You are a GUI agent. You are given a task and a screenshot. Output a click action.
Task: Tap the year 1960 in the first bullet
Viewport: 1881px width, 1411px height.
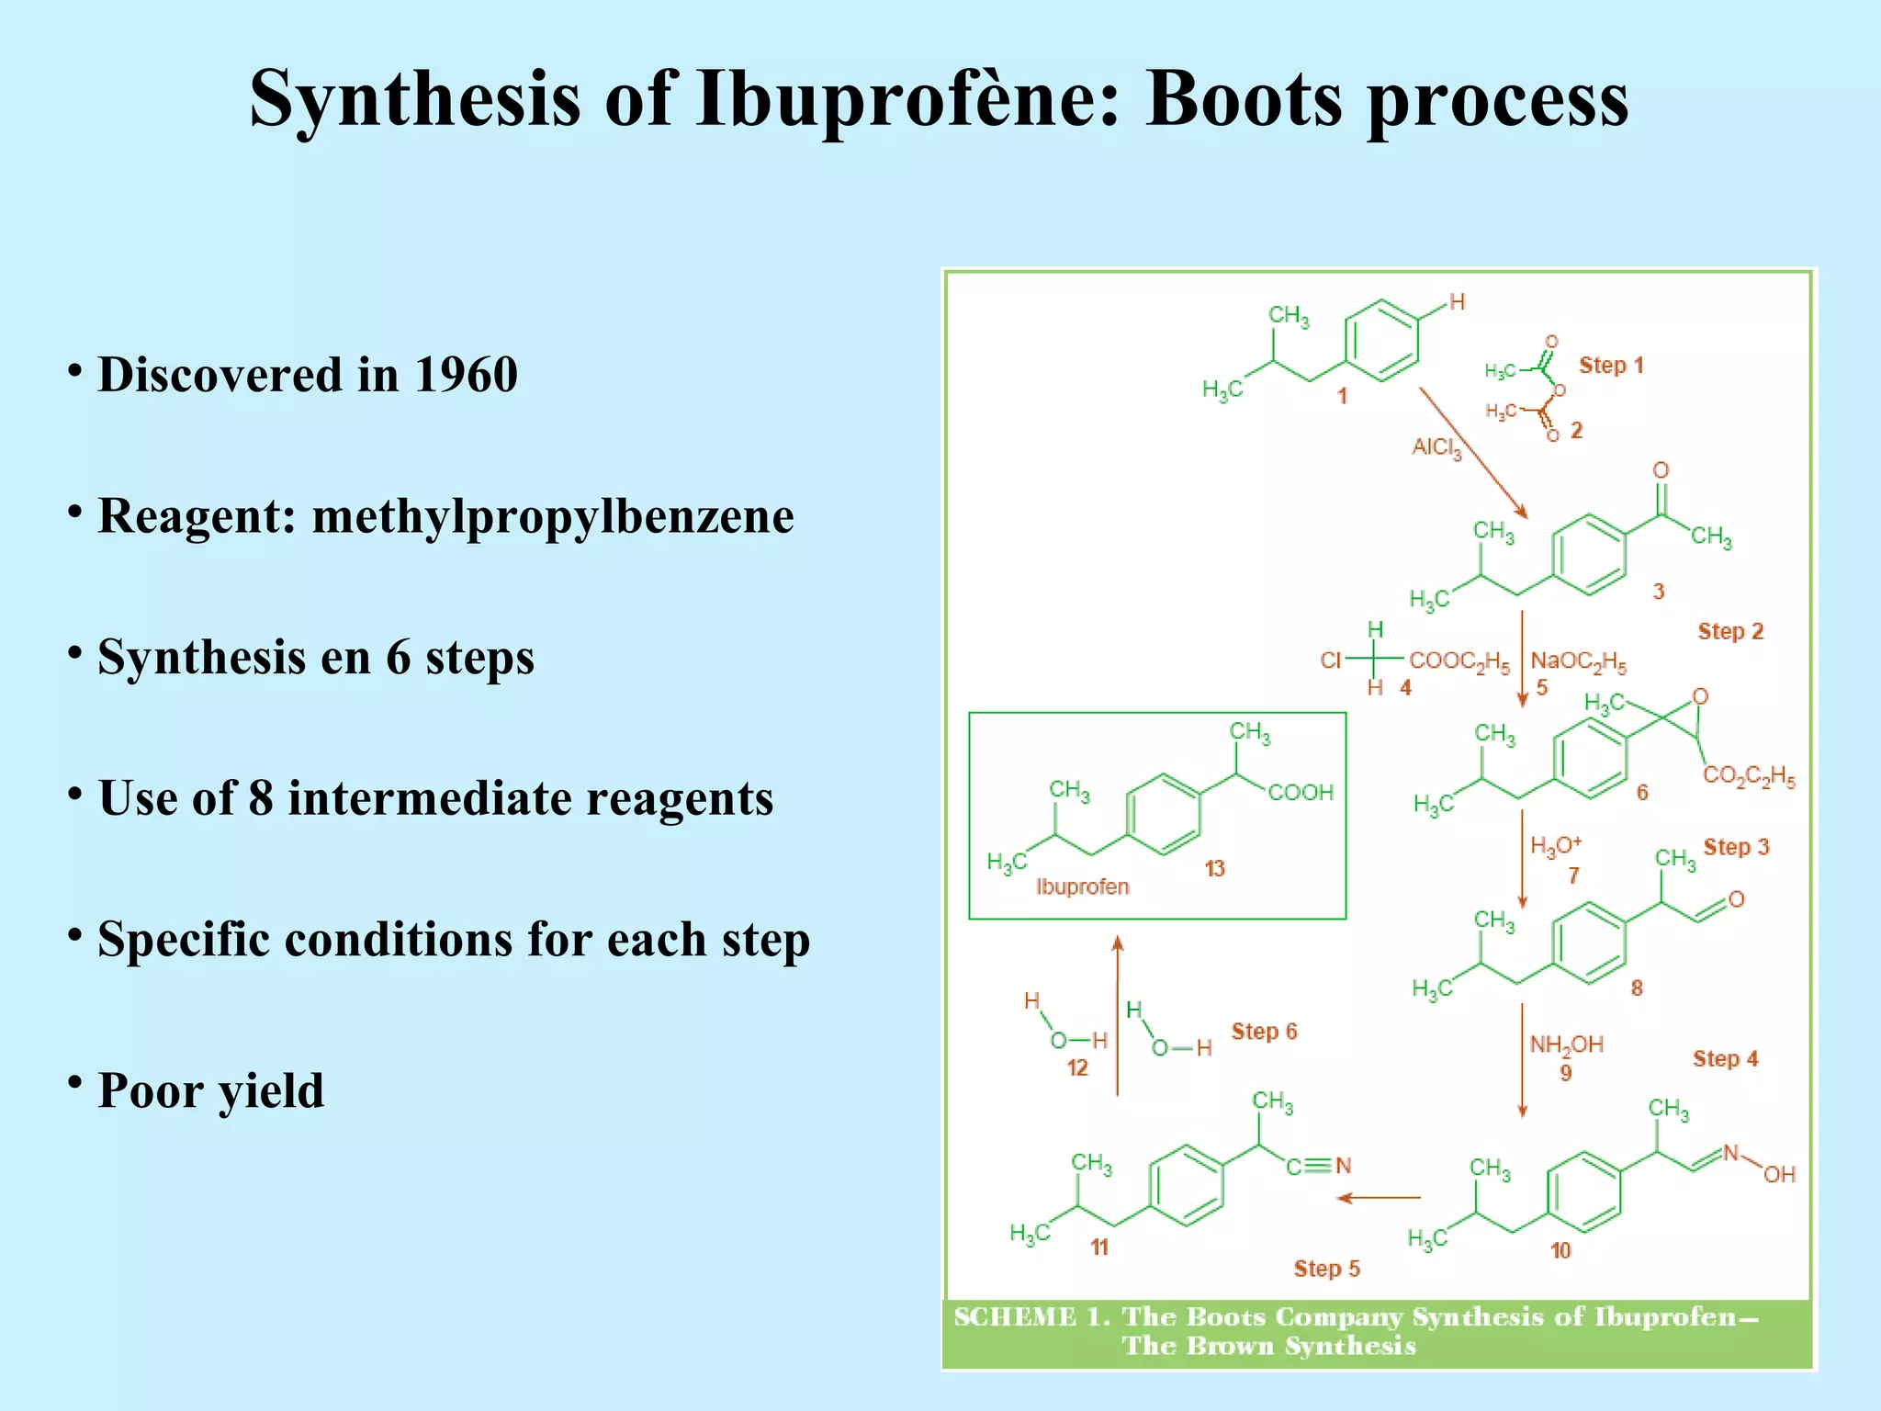point(466,375)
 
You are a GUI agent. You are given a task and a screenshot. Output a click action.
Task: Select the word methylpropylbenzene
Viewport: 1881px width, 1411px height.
point(553,516)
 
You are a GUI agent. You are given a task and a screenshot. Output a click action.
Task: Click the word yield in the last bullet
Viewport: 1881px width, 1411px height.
point(270,1091)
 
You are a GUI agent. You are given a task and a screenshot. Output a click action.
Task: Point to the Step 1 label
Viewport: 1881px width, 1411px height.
point(1611,366)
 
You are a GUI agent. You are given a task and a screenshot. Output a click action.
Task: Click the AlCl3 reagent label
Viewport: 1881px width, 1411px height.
point(1436,448)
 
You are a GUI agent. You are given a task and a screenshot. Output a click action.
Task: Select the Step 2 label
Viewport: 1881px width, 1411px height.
point(1730,632)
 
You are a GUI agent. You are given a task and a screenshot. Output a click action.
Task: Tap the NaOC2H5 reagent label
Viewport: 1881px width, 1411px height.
point(1578,662)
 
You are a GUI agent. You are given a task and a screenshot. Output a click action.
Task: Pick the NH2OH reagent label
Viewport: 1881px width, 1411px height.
point(1566,1045)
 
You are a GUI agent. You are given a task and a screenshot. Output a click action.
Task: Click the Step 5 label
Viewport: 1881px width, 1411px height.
point(1326,1269)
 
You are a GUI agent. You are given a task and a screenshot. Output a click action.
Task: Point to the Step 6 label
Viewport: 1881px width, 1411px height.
point(1264,1032)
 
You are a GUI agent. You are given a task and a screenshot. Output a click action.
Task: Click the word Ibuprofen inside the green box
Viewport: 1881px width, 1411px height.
point(1082,887)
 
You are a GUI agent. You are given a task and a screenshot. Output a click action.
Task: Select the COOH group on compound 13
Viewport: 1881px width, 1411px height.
point(1301,793)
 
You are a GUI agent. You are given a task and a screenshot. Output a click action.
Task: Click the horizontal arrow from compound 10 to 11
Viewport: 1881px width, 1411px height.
point(1379,1198)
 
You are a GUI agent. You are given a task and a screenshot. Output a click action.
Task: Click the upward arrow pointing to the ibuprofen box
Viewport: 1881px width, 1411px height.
point(1118,1015)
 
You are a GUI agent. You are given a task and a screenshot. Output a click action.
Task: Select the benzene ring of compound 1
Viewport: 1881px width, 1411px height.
point(1381,341)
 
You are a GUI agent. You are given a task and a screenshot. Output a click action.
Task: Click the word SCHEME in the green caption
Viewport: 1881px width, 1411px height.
point(1014,1317)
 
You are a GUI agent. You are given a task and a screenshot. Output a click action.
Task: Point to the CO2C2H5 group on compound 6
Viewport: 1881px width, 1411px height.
point(1749,777)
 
